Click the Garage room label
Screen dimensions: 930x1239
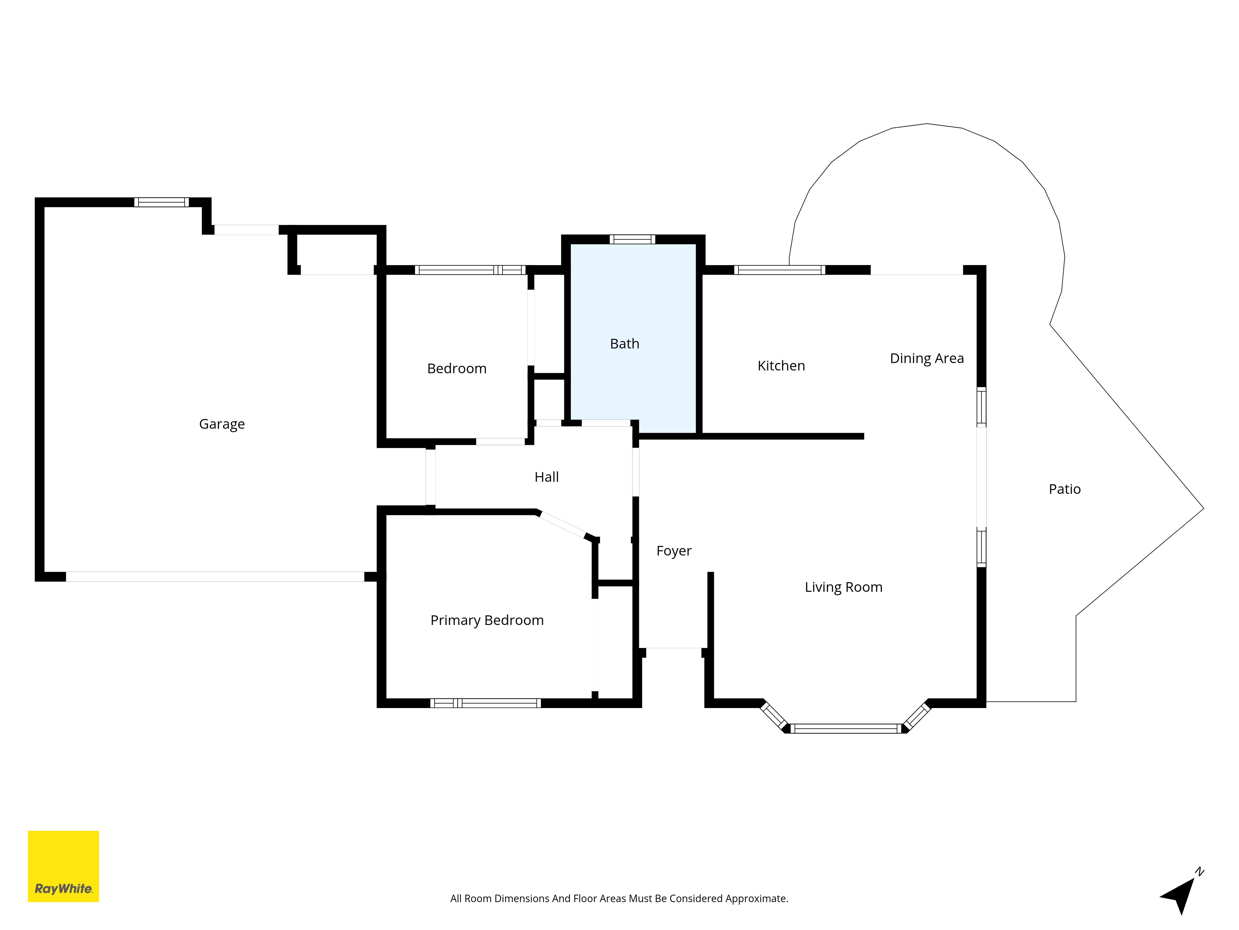(x=222, y=424)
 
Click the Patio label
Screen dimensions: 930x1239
(x=1064, y=489)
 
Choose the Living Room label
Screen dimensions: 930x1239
(x=843, y=587)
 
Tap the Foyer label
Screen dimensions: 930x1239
(x=673, y=551)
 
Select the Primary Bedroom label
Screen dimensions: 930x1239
(x=487, y=620)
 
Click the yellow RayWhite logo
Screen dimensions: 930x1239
(x=63, y=866)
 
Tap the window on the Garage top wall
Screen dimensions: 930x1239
(x=161, y=202)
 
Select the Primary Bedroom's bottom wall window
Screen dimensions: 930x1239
(x=485, y=703)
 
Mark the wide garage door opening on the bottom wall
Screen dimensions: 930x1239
(x=215, y=577)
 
